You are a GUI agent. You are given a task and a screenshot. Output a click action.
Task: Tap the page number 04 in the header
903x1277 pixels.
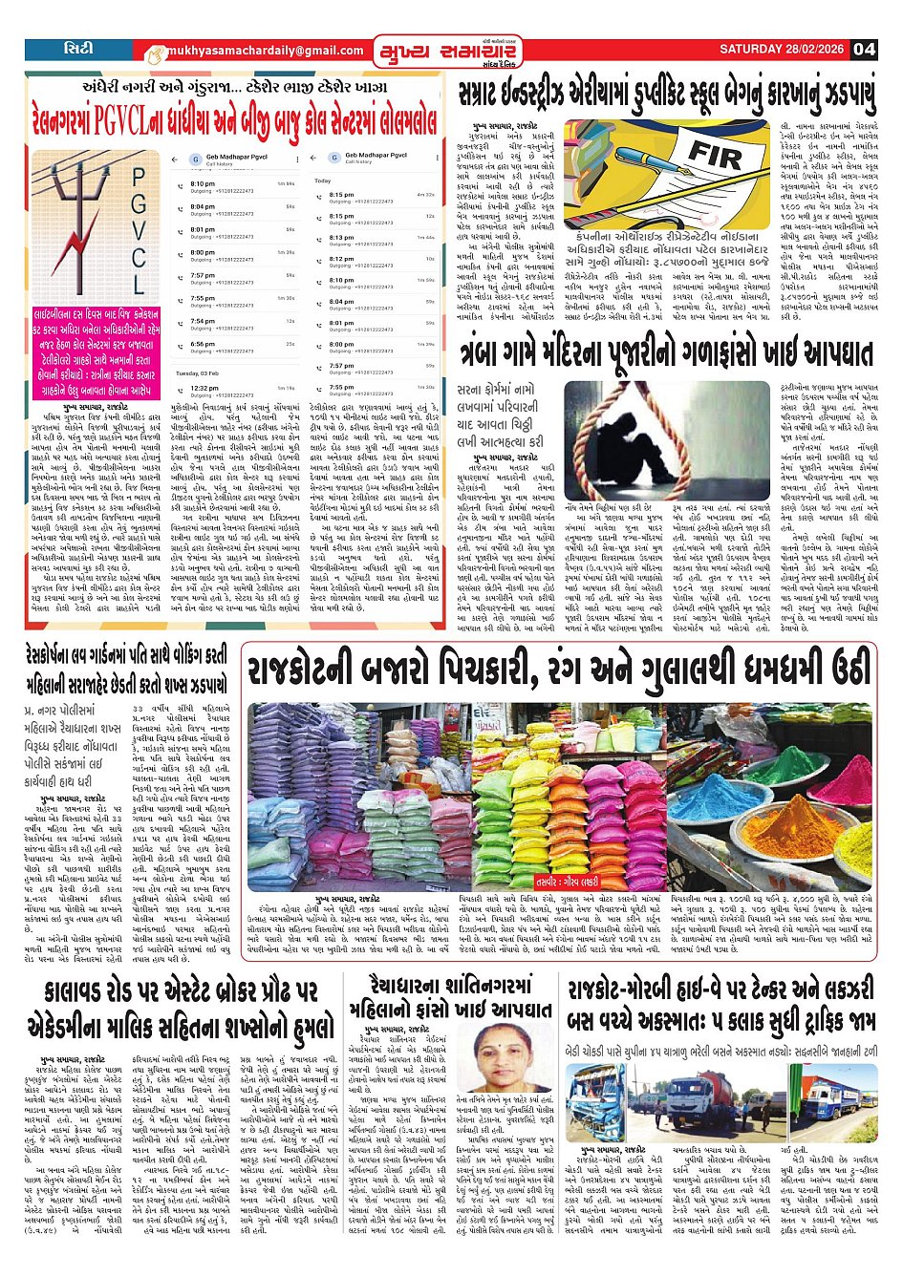click(x=864, y=50)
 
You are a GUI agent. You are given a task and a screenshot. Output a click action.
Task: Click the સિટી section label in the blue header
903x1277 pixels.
click(x=78, y=49)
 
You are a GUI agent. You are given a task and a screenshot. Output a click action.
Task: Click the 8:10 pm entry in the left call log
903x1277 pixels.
click(x=203, y=183)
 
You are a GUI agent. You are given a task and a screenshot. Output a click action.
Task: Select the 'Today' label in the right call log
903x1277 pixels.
click(x=323, y=181)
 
